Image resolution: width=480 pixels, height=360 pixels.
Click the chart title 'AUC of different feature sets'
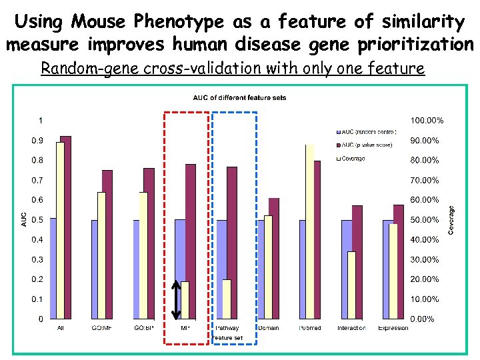pyautogui.click(x=240, y=98)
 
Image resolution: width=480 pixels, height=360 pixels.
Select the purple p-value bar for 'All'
pyautogui.click(x=65, y=227)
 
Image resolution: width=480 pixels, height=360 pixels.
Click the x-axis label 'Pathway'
pyautogui.click(x=227, y=328)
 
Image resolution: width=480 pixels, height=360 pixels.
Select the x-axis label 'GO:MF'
pyautogui.click(x=101, y=328)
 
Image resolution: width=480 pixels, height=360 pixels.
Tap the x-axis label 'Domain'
pyautogui.click(x=269, y=328)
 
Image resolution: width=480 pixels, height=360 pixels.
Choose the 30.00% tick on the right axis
pyautogui.click(x=425, y=259)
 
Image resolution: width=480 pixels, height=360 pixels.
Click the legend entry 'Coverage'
pyautogui.click(x=353, y=159)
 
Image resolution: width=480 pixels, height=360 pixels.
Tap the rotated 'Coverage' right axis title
pyautogui.click(x=451, y=219)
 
